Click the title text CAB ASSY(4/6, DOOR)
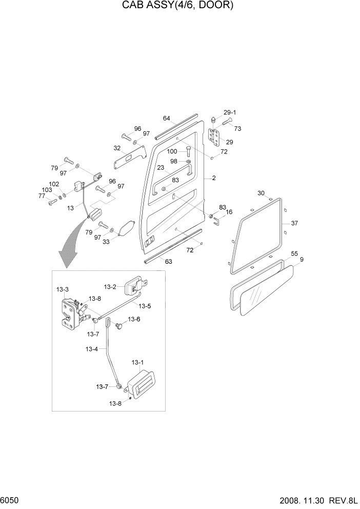click(x=177, y=6)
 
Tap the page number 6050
click(x=11, y=500)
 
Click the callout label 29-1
click(x=229, y=112)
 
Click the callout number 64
click(x=167, y=119)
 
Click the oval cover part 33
click(x=126, y=228)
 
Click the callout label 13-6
click(x=134, y=319)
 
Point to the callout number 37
click(x=294, y=223)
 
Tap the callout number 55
click(x=294, y=253)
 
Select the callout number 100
click(x=172, y=151)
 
